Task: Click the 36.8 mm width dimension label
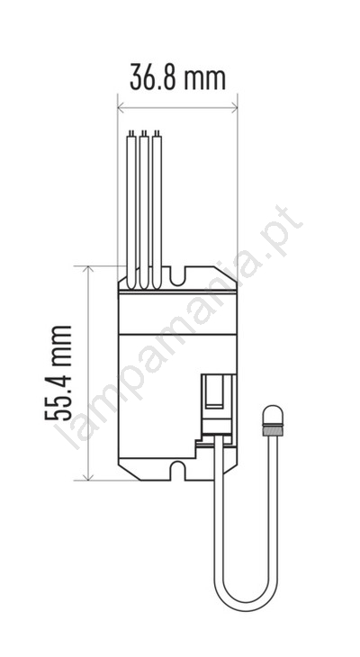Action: pos(177,77)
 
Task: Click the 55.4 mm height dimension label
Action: pos(58,373)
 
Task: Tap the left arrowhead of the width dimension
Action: pos(122,109)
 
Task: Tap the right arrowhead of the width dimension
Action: pos(233,109)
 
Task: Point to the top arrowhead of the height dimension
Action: pos(88,270)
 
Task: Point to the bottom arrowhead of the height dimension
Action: pos(88,475)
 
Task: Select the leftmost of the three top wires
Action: pos(131,210)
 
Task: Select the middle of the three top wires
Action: pos(144,210)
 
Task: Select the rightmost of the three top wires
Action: pos(157,210)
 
